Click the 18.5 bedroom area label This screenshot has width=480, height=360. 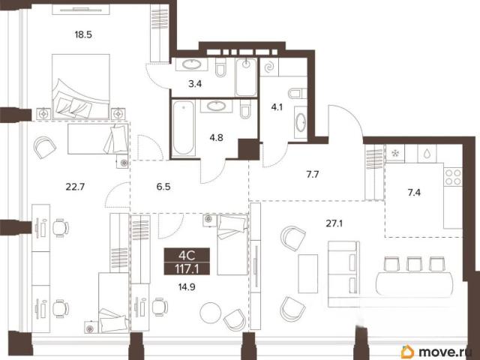83,34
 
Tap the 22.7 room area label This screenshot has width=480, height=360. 75,187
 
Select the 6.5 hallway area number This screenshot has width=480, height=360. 163,187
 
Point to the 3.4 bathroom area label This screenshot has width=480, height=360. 195,83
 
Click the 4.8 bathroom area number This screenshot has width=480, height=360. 216,138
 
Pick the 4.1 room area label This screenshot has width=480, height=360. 277,107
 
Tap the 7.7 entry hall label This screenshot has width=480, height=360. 313,175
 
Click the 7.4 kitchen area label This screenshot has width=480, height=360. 414,193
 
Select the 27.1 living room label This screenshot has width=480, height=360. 334,223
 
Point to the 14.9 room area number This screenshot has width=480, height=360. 187,286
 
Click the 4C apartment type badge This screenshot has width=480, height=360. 187,255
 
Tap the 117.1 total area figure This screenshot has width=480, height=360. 187,268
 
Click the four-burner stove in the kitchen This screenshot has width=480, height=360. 453,177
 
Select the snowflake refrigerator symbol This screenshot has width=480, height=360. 395,153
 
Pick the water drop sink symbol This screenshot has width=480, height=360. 427,153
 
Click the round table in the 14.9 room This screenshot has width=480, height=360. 210,313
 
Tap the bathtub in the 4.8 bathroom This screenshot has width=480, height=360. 183,128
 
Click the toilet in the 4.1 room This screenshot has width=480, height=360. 298,93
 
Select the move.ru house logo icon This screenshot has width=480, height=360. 408,352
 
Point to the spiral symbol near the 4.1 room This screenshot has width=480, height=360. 269,67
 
